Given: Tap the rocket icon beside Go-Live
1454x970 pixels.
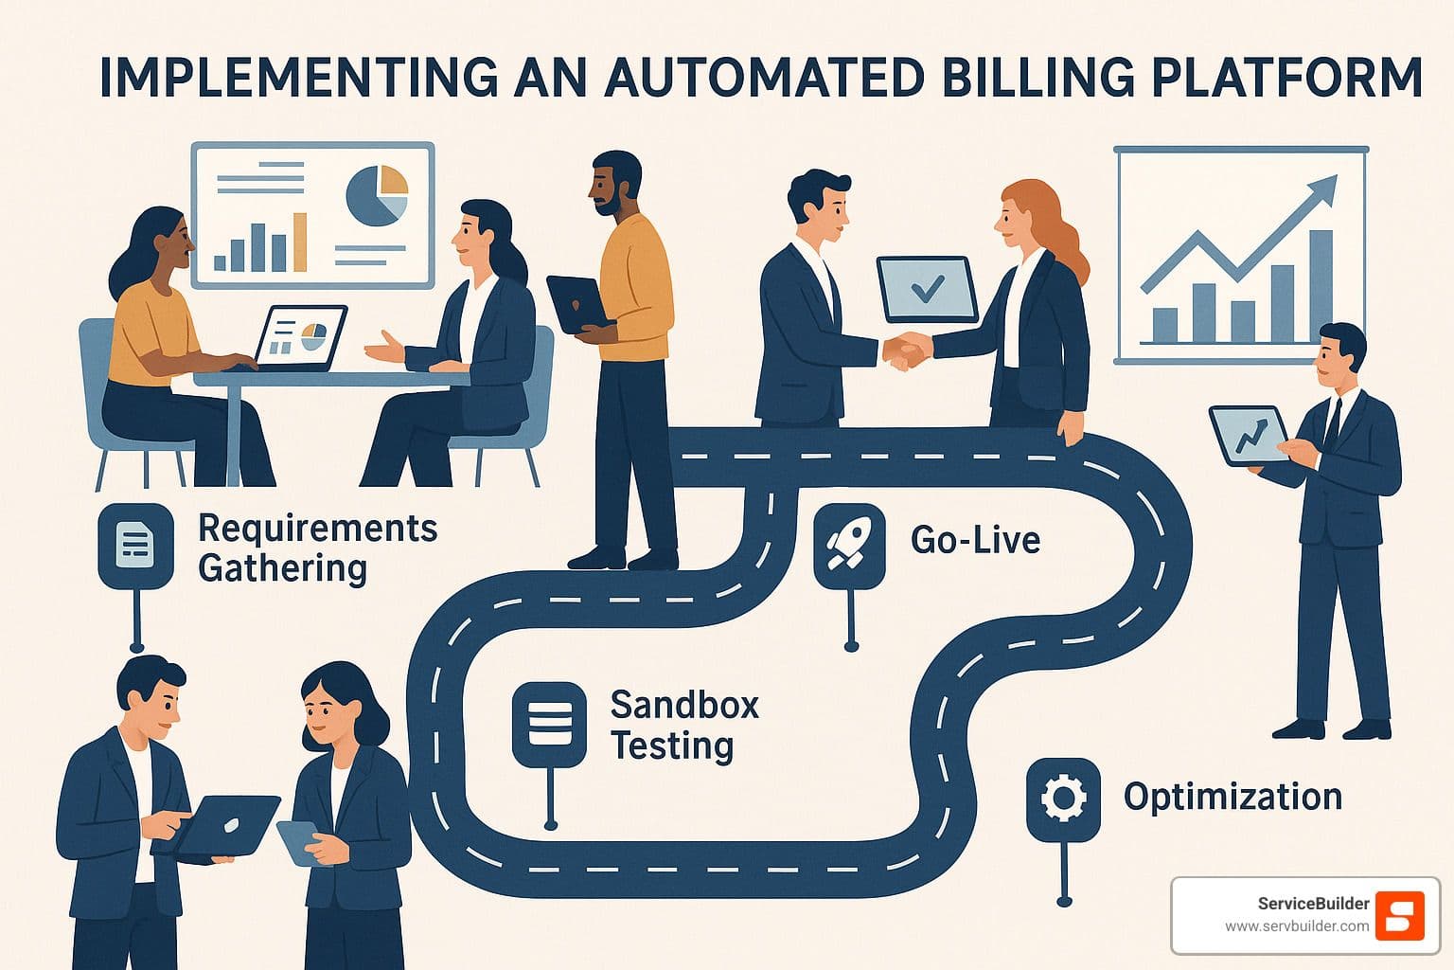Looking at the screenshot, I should click(x=849, y=546).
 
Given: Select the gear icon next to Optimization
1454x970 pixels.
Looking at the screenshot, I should click(x=1063, y=799).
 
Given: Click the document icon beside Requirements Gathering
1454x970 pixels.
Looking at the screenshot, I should click(x=135, y=545).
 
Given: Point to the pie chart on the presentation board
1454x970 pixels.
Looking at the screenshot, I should click(x=377, y=195).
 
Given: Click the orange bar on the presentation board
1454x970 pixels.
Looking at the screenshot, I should click(x=299, y=242).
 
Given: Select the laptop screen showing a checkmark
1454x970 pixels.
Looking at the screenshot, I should click(x=926, y=288).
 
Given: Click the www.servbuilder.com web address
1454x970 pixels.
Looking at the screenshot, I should click(x=1296, y=926).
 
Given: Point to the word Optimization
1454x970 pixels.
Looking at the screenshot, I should click(x=1232, y=797).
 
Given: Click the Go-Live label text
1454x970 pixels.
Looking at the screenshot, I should click(x=975, y=540).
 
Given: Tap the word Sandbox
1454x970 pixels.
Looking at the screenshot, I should click(x=684, y=705).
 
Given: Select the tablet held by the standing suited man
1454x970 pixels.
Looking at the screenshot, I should click(x=1248, y=436).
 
